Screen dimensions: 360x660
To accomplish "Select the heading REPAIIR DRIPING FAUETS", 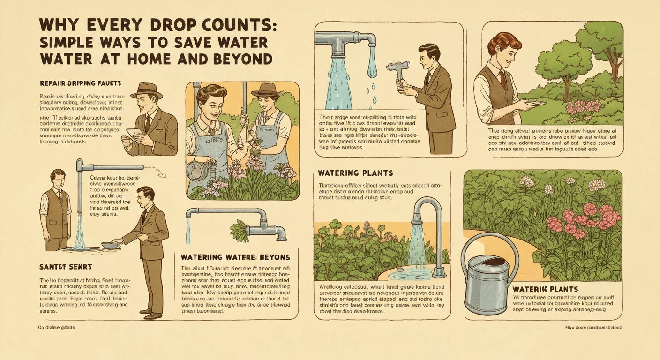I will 81,83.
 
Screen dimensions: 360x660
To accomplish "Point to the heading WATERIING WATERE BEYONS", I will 235,257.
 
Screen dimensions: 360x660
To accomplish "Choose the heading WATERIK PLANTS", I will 545,289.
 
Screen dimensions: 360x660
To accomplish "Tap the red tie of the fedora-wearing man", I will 148,123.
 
